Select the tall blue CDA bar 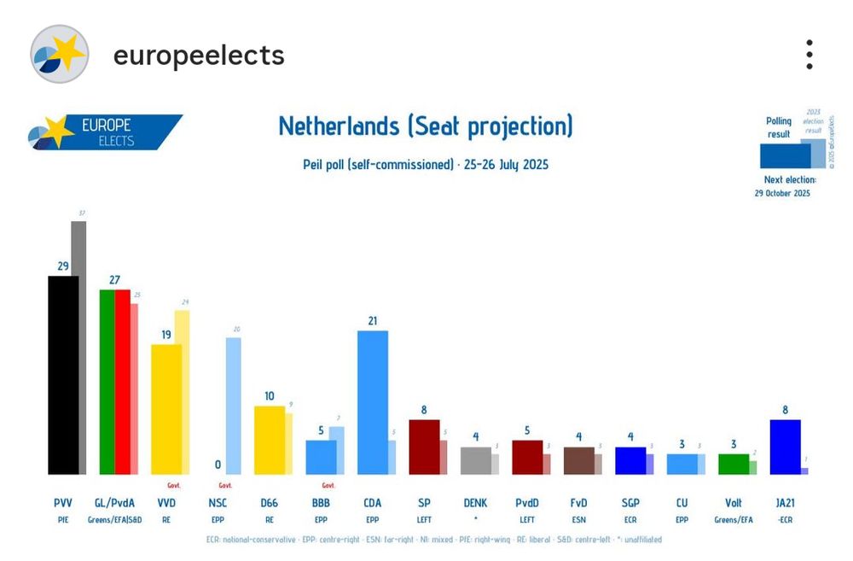[372, 401]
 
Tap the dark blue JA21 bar [785, 446]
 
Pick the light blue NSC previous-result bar [233, 406]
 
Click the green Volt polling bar [733, 464]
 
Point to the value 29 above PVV [62, 266]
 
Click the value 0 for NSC [218, 465]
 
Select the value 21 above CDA [372, 321]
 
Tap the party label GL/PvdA [114, 503]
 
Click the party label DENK [476, 503]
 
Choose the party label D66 [269, 503]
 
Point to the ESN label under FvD [578, 518]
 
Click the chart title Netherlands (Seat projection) [426, 126]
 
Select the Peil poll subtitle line [426, 164]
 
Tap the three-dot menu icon [809, 55]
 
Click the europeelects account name [199, 56]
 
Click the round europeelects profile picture [59, 55]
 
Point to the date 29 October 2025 [784, 193]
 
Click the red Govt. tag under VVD [173, 484]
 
